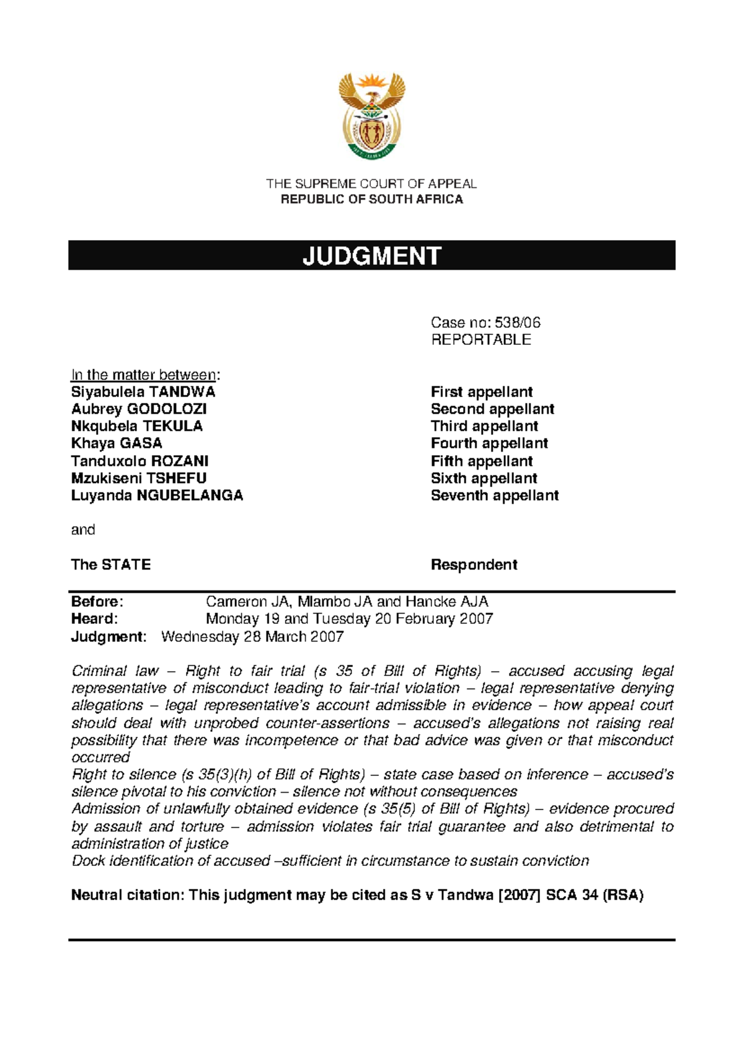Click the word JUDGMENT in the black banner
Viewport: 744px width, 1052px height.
(371, 256)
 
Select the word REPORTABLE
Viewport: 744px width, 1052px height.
(480, 340)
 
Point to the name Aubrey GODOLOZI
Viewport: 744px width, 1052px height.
(138, 409)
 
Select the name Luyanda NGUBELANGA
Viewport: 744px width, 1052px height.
(157, 496)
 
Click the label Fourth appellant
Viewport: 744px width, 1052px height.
(489, 444)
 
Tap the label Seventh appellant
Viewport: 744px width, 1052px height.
(495, 496)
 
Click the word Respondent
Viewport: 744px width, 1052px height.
(474, 565)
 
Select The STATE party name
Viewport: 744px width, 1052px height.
(110, 565)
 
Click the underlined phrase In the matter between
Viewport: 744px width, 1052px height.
(143, 375)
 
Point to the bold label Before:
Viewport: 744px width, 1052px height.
(97, 602)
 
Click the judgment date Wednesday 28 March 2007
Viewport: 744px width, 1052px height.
(252, 637)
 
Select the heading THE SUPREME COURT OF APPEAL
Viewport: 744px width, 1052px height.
(371, 184)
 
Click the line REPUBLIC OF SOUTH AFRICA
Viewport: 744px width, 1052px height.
(371, 199)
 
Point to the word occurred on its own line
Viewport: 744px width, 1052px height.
(100, 757)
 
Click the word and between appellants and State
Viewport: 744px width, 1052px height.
(83, 530)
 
